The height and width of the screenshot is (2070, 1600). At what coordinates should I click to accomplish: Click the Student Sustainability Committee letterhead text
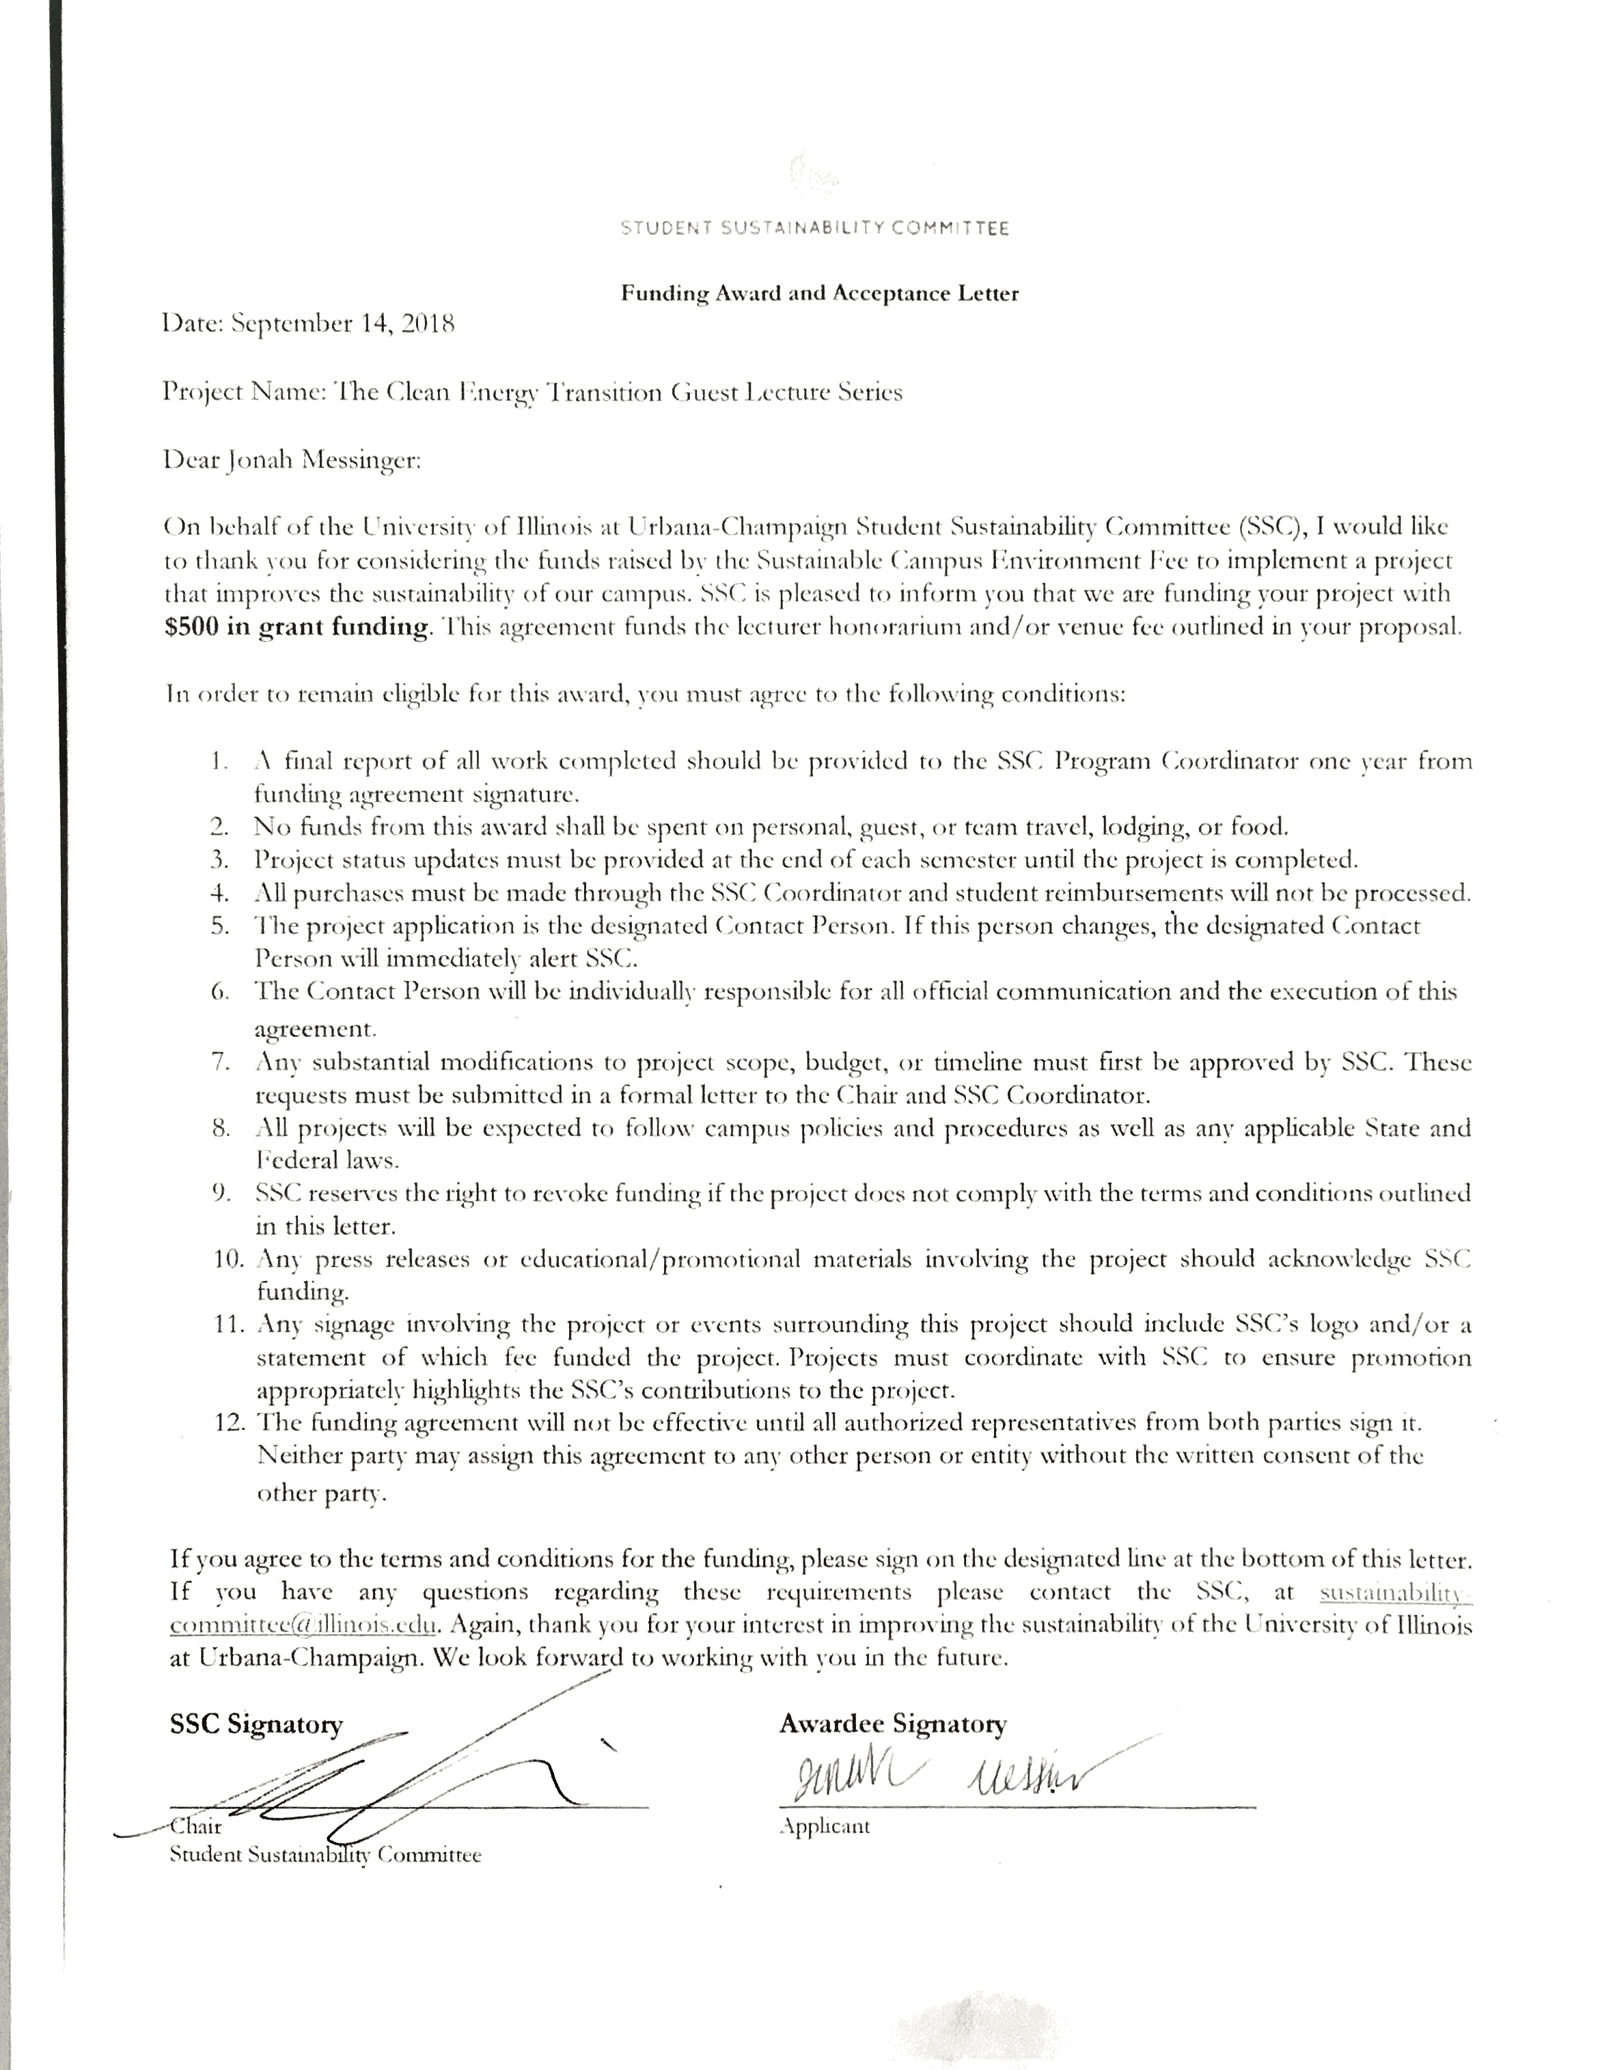coord(814,228)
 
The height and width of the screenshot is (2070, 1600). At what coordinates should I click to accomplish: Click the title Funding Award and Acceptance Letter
coord(819,293)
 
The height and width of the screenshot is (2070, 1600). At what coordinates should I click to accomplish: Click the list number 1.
coord(220,761)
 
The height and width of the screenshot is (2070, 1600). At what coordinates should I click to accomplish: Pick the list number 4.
coord(220,893)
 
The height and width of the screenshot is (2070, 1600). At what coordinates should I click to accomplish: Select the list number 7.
coord(220,1062)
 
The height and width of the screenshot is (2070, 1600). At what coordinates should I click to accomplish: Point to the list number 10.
coord(225,1260)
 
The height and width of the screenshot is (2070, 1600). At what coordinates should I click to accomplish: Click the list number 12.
coord(225,1422)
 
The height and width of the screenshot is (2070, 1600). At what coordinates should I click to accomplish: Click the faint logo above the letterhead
coord(813,171)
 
